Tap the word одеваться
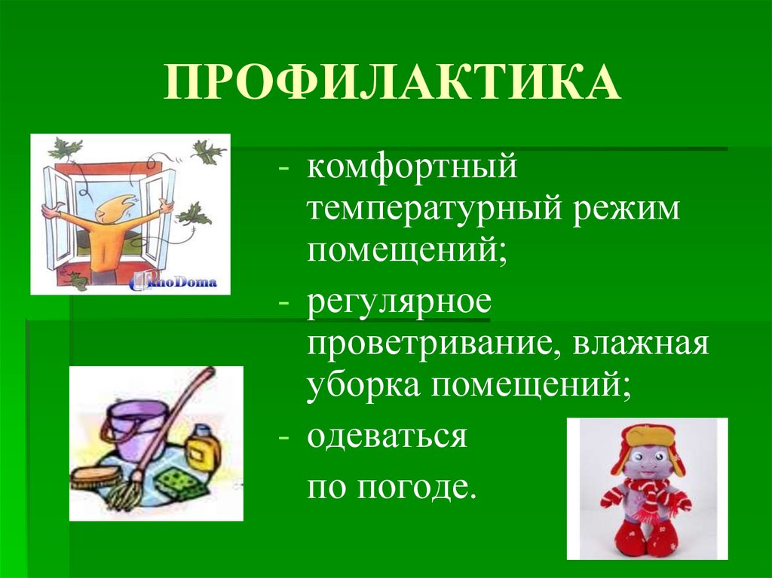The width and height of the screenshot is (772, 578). click(x=386, y=436)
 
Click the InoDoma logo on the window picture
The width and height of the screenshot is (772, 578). click(x=174, y=282)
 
